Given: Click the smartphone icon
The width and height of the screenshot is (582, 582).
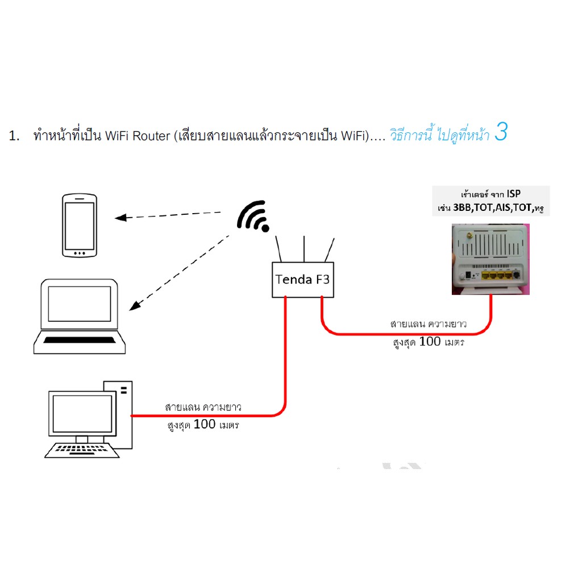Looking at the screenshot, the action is pyautogui.click(x=80, y=225).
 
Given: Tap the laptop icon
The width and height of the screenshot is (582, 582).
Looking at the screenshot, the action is pyautogui.click(x=80, y=316).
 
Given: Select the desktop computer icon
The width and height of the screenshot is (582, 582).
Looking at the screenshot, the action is pyautogui.click(x=89, y=419).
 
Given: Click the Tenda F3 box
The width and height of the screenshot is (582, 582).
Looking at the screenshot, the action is pyautogui.click(x=303, y=280).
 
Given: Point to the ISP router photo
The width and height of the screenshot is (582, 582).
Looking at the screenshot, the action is pyautogui.click(x=490, y=259).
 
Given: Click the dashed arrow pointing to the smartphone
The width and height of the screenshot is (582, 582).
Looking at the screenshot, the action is pyautogui.click(x=168, y=215).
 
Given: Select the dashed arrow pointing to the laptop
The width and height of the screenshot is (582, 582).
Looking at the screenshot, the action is pyautogui.click(x=179, y=272).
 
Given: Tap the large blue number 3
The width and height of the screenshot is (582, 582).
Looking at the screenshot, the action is pyautogui.click(x=501, y=132).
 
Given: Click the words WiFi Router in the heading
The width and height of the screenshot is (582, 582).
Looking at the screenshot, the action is pyautogui.click(x=138, y=136).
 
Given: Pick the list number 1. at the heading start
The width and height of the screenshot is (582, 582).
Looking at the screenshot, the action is pyautogui.click(x=14, y=136).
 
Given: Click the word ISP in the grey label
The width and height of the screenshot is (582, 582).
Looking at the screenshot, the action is pyautogui.click(x=514, y=194).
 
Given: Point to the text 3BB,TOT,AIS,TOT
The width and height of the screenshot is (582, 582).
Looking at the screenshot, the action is pyautogui.click(x=493, y=207).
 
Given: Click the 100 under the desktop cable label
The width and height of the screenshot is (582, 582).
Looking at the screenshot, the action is pyautogui.click(x=205, y=424).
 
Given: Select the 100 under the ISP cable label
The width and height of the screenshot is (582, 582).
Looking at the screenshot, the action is pyautogui.click(x=430, y=341).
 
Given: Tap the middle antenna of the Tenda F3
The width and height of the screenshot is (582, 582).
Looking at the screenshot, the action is pyautogui.click(x=304, y=249).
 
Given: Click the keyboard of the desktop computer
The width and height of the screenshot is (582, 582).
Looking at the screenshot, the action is pyautogui.click(x=82, y=450).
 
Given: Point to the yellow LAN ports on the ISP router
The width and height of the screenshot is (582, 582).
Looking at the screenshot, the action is pyautogui.click(x=497, y=276).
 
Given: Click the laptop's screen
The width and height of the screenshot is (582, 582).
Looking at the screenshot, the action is pyautogui.click(x=80, y=304).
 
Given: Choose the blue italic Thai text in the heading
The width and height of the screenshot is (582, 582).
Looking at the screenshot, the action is pyautogui.click(x=440, y=135).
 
